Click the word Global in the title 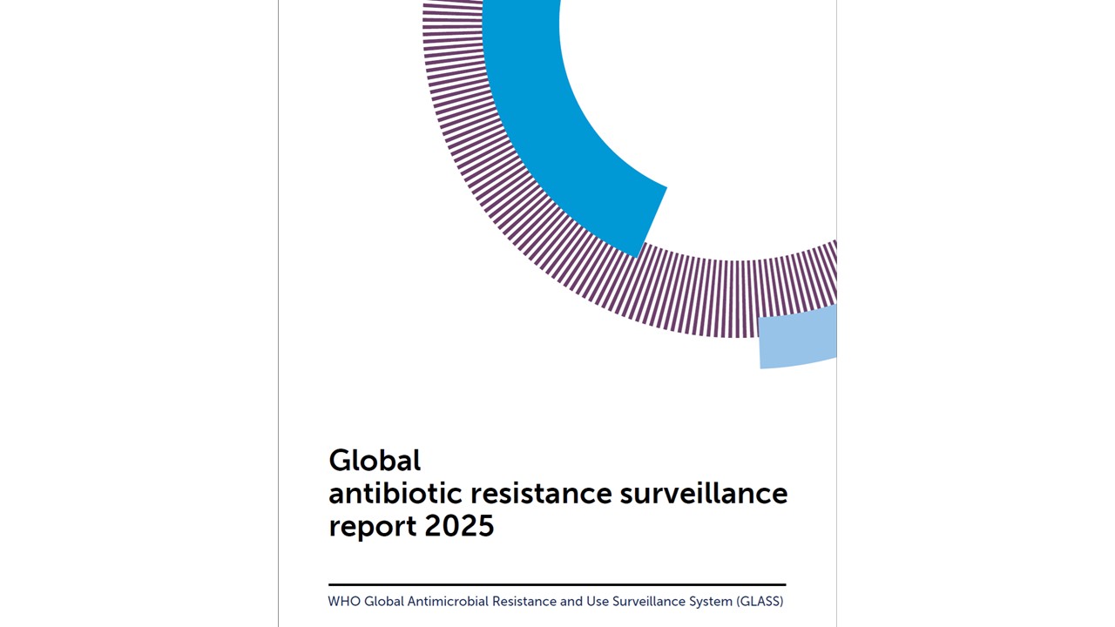click(x=375, y=459)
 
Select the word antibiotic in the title click(x=395, y=493)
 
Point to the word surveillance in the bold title click(x=703, y=493)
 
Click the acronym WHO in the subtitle click(x=343, y=601)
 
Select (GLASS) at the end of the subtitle click(x=760, y=601)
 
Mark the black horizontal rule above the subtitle click(x=557, y=584)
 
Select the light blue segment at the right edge click(x=797, y=338)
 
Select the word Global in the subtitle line click(x=383, y=601)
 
